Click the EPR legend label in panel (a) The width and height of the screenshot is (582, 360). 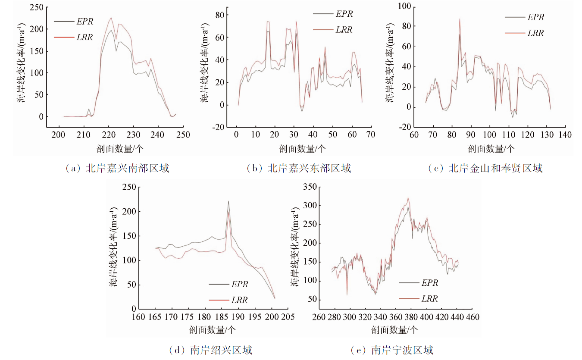[x=84, y=21]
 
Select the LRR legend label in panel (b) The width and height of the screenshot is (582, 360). [x=344, y=30]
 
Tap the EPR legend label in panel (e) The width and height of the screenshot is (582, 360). [x=429, y=283]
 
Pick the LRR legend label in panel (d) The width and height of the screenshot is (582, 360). [x=239, y=300]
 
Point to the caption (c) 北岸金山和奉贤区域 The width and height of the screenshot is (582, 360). [x=485, y=169]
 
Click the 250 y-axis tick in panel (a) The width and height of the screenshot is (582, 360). [x=38, y=7]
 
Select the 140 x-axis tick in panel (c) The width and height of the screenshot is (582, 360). [x=565, y=135]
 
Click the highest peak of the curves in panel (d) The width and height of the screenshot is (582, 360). [x=228, y=201]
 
